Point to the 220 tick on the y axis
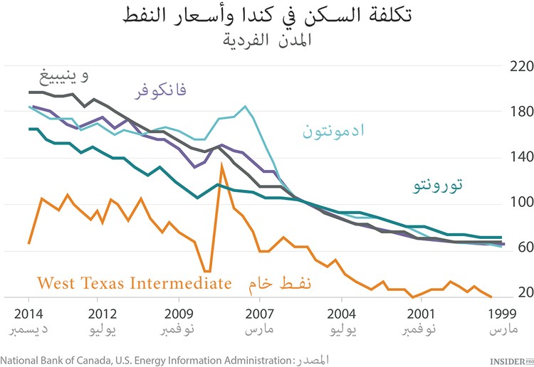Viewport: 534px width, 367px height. click(517, 67)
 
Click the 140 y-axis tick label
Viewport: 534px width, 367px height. click(517, 159)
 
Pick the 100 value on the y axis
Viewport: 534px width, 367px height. click(517, 205)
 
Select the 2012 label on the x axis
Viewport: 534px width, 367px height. click(103, 314)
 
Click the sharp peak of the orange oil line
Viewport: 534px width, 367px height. click(221, 164)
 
